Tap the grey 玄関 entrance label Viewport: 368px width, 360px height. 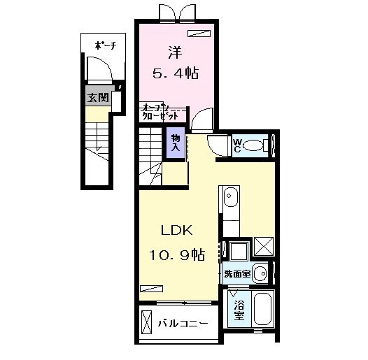click(97, 98)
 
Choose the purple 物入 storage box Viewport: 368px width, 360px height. click(176, 143)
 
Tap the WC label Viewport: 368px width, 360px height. click(238, 146)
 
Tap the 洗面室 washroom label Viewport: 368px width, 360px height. click(236, 274)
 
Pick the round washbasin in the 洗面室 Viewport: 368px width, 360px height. click(260, 273)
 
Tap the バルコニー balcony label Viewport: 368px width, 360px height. click(182, 324)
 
